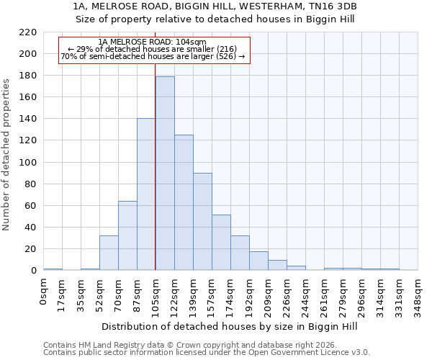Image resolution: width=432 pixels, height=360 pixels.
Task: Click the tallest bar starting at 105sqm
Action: pyautogui.click(x=165, y=173)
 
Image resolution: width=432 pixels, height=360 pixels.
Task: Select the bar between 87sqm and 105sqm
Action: pyautogui.click(x=146, y=194)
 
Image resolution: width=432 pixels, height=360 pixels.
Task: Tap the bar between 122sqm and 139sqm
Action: pyautogui.click(x=184, y=202)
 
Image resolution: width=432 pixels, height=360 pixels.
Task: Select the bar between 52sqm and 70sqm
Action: pyautogui.click(x=109, y=253)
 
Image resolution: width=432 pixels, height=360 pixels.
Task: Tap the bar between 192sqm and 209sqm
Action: pyautogui.click(x=258, y=261)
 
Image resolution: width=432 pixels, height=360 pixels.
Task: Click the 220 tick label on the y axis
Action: pyautogui.click(x=28, y=32)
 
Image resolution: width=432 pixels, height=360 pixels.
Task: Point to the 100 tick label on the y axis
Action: pyautogui.click(x=28, y=163)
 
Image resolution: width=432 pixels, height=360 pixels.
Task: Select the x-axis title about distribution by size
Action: pyautogui.click(x=230, y=326)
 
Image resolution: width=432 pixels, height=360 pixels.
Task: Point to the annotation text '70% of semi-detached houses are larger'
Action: pyautogui.click(x=153, y=56)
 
